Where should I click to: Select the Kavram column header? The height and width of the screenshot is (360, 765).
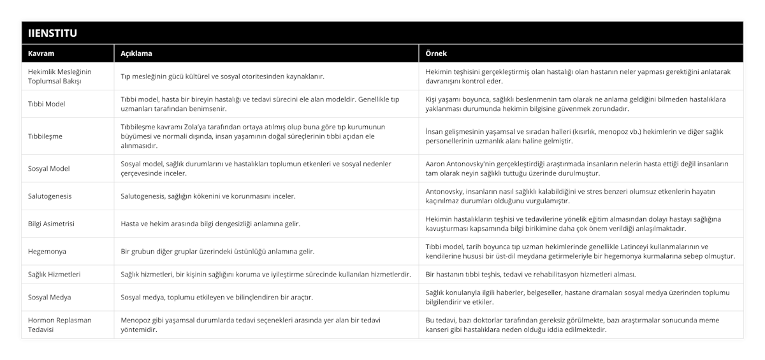pos(40,54)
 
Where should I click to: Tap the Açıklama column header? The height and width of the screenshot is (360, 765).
pos(136,54)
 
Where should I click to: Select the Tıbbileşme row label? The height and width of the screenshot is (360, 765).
pos(45,136)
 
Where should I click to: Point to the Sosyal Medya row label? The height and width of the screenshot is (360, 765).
pos(50,297)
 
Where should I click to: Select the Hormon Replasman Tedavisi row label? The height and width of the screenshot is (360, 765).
pos(60,325)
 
